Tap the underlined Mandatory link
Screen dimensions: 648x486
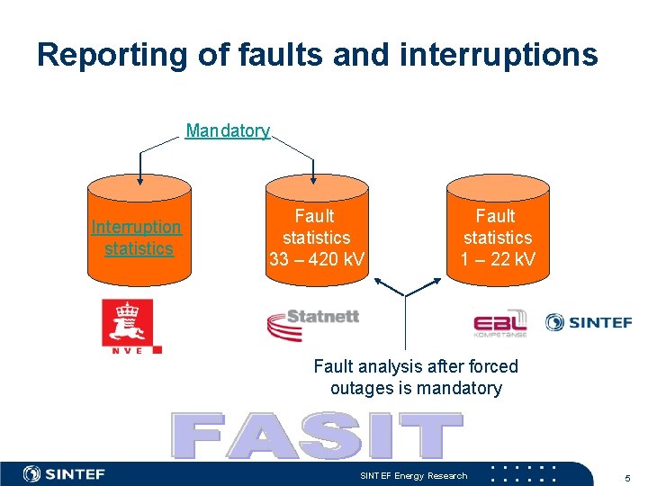click(228, 130)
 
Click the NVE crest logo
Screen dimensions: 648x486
click(126, 326)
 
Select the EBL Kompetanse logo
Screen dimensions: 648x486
click(499, 323)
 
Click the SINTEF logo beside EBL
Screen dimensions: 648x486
click(589, 322)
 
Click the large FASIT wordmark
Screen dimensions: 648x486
click(317, 436)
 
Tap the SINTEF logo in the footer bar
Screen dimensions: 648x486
click(65, 474)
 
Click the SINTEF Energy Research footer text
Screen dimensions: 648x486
click(414, 475)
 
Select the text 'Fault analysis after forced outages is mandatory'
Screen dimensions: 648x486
click(416, 377)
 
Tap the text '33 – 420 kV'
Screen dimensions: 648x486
click(317, 260)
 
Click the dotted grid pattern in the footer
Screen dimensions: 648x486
click(523, 473)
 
